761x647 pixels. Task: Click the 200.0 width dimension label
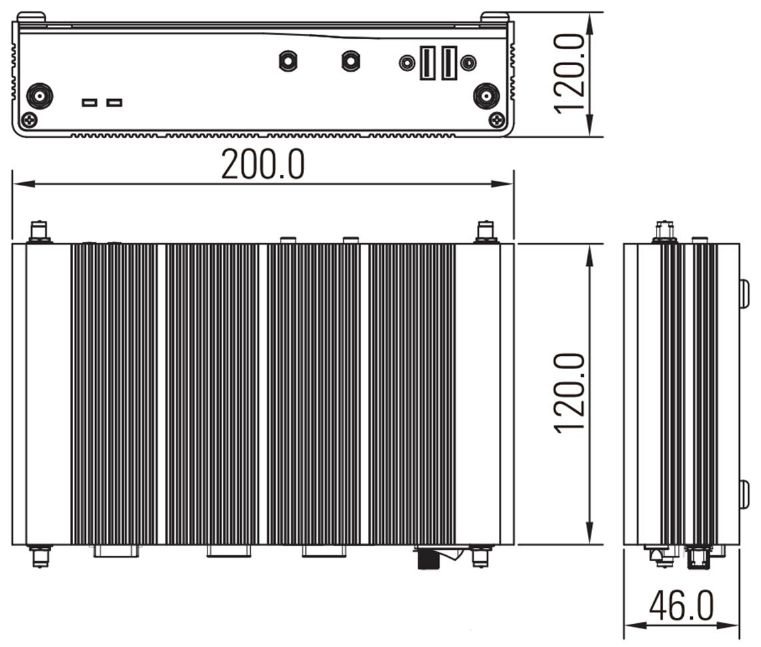(263, 164)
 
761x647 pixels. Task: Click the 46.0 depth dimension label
(681, 606)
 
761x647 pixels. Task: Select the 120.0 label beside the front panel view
(569, 74)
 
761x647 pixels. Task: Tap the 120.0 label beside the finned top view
(569, 393)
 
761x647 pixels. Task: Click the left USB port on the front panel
(428, 63)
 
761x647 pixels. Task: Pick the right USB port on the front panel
(449, 63)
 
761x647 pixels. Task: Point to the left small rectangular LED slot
(89, 102)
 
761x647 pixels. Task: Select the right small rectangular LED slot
(114, 102)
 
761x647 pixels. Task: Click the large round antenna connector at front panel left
(39, 96)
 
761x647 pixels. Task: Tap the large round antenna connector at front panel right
(486, 96)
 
